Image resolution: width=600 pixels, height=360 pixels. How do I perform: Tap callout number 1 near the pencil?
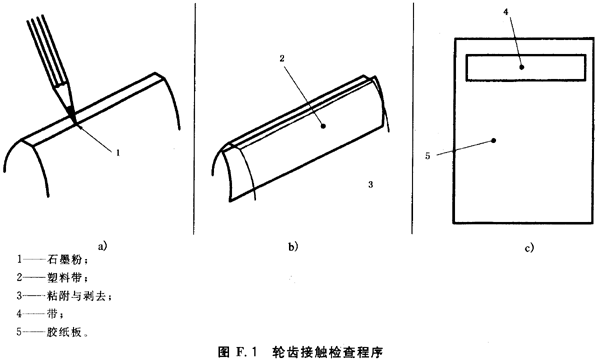pyautogui.click(x=118, y=153)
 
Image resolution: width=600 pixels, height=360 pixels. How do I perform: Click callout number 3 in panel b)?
pyautogui.click(x=371, y=185)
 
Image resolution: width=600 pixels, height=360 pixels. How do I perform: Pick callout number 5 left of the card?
pyautogui.click(x=427, y=156)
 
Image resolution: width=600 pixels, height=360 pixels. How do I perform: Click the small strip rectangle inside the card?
pyautogui.click(x=525, y=66)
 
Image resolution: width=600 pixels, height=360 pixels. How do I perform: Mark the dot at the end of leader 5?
pyautogui.click(x=495, y=141)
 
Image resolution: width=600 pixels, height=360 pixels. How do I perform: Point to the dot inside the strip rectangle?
pyautogui.click(x=521, y=67)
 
